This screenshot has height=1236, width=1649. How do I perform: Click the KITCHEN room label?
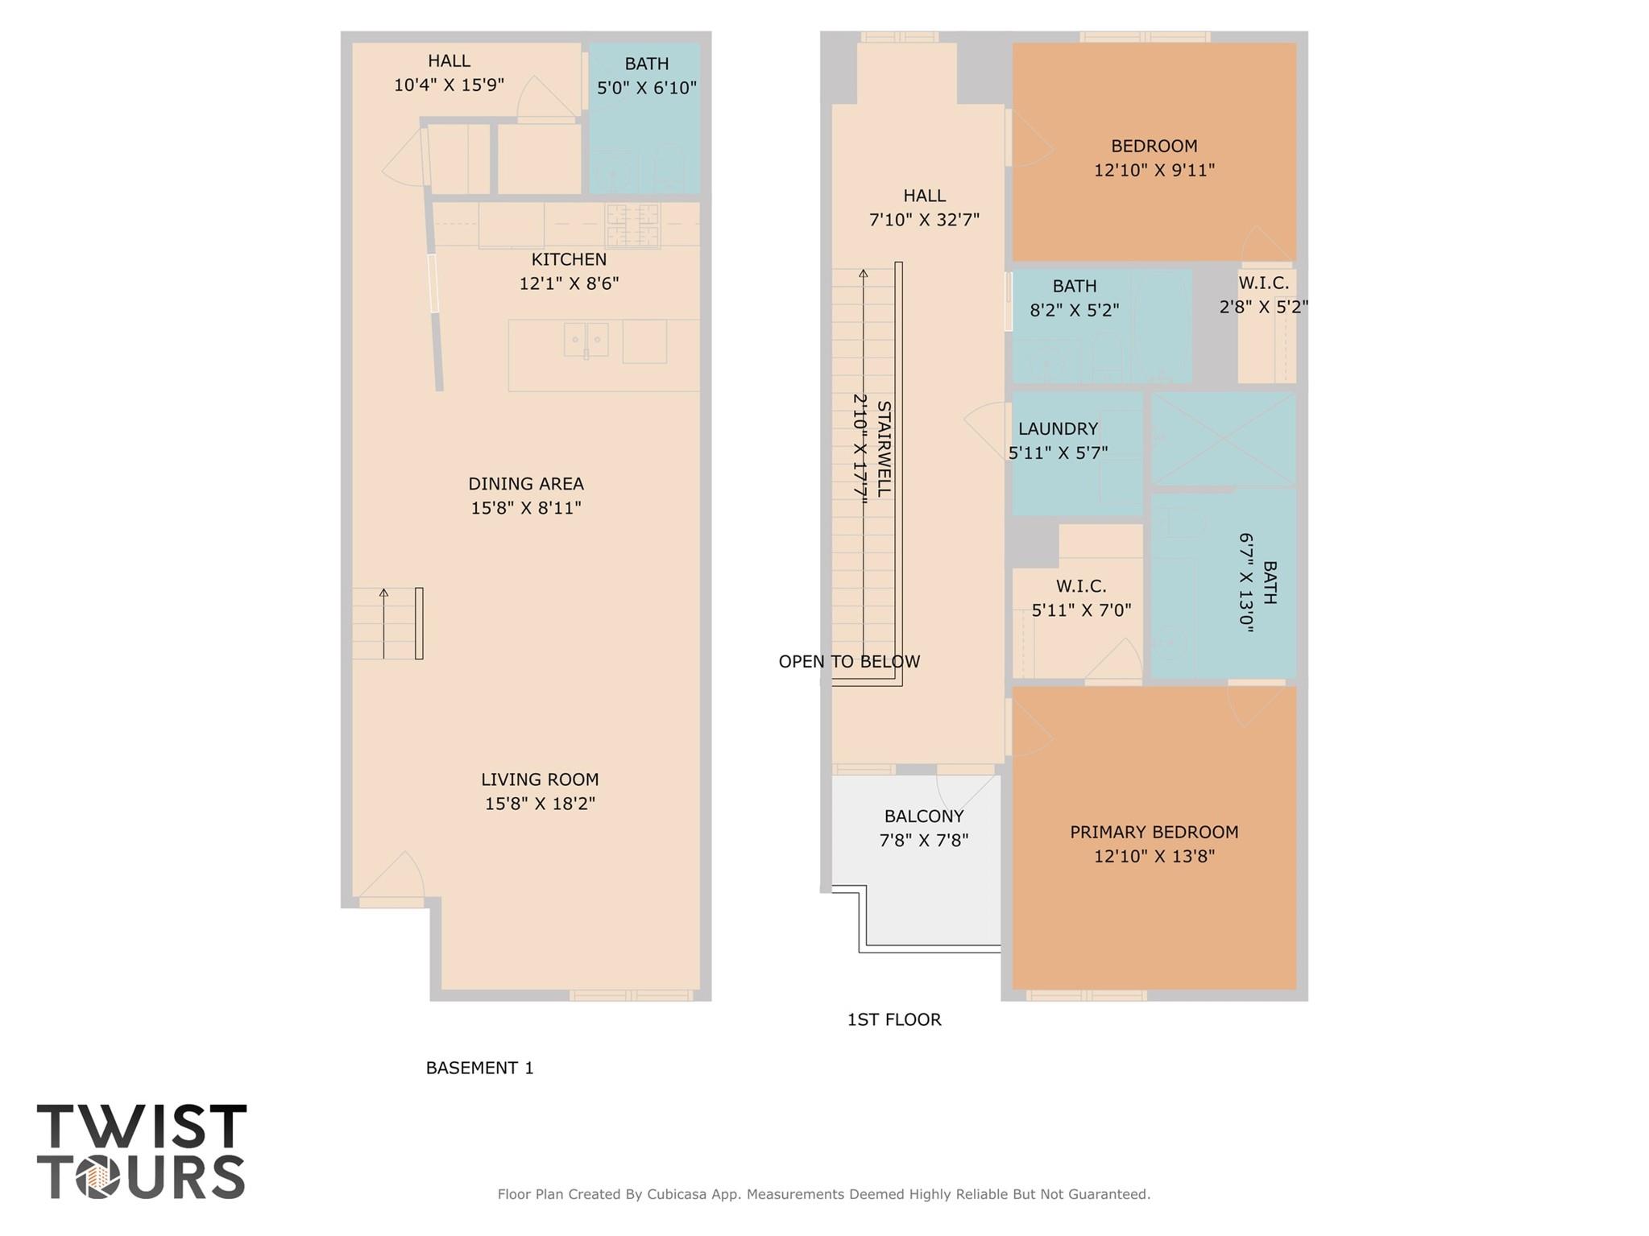(x=569, y=259)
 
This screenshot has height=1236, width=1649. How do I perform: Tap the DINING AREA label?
(x=526, y=484)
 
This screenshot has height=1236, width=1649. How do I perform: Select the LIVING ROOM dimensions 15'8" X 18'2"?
(x=540, y=804)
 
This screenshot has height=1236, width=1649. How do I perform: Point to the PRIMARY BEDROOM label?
(x=1154, y=833)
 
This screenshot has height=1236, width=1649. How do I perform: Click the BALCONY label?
(x=923, y=816)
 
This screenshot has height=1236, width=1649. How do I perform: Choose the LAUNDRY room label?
(x=1058, y=429)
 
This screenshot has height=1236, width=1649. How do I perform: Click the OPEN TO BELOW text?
(x=849, y=662)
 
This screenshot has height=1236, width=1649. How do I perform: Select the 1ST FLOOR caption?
(x=894, y=1019)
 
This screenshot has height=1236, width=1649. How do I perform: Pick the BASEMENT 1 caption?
(x=479, y=1068)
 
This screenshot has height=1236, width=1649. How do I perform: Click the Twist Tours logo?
(x=142, y=1151)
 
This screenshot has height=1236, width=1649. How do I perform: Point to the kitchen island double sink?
(x=586, y=340)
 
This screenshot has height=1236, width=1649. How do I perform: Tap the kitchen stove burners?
(x=632, y=225)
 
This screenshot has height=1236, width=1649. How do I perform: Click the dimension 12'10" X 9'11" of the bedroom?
(x=1154, y=171)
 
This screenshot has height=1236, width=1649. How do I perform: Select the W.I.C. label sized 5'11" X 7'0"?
(x=1081, y=586)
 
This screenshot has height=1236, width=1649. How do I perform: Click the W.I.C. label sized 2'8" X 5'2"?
(x=1263, y=283)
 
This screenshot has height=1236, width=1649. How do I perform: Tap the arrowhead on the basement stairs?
(x=383, y=593)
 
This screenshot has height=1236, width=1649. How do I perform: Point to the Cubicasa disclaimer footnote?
(x=823, y=1194)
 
